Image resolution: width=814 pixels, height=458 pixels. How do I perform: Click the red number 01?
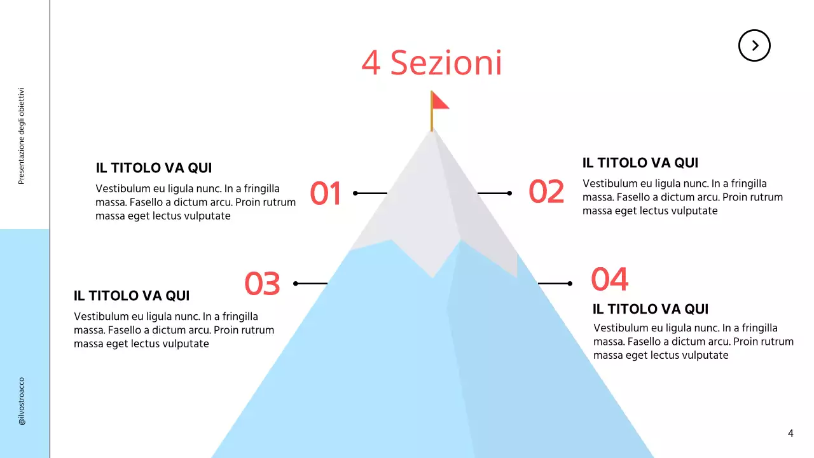(x=326, y=193)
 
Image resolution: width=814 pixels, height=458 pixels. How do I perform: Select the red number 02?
(x=546, y=192)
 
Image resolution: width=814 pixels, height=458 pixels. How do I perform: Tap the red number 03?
(x=262, y=284)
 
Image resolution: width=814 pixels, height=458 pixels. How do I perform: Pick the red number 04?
(x=609, y=279)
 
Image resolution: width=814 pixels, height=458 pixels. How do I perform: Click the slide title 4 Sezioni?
(x=432, y=63)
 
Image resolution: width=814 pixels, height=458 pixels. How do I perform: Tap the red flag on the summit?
(x=439, y=101)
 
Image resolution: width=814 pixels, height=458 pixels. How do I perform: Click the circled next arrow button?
(x=754, y=45)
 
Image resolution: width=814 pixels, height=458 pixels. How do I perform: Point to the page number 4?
(x=790, y=434)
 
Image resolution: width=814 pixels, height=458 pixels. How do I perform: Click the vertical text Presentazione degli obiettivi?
(x=21, y=136)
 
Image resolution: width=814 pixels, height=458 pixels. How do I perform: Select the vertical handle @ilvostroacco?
(x=22, y=401)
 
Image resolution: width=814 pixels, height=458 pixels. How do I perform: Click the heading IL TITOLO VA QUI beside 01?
(x=154, y=169)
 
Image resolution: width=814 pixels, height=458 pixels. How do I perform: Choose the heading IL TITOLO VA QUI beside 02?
(x=640, y=163)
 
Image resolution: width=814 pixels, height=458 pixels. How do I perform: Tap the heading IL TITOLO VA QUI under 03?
(x=132, y=296)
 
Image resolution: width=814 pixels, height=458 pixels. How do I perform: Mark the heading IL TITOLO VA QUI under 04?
(x=651, y=310)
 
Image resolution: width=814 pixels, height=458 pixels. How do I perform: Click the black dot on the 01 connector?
(x=355, y=193)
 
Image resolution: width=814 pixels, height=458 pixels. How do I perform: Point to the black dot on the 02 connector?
(x=509, y=193)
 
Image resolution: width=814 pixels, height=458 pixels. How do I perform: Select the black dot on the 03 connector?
(x=296, y=283)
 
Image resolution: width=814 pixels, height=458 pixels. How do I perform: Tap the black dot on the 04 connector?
(x=570, y=283)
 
